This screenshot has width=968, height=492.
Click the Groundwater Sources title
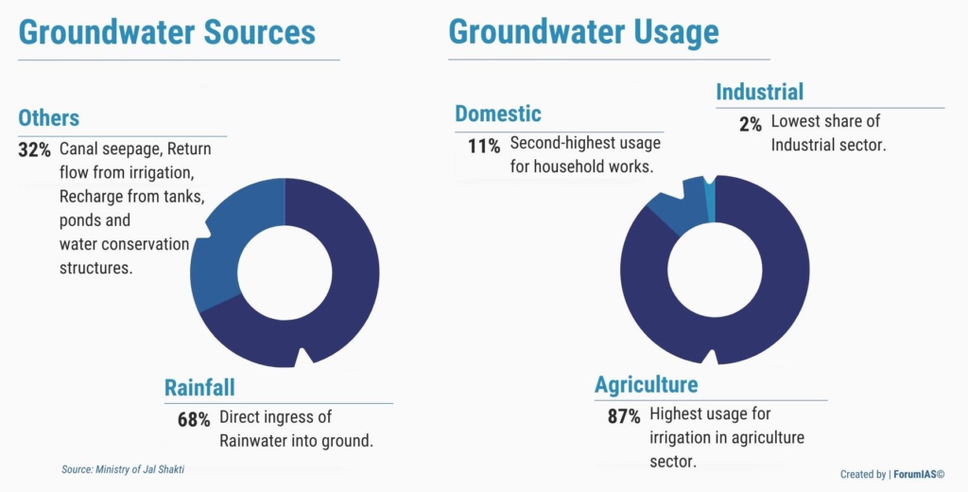pyautogui.click(x=166, y=32)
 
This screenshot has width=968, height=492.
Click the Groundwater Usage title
pyautogui.click(x=583, y=32)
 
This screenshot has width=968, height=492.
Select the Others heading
pyautogui.click(x=49, y=117)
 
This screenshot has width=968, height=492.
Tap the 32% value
pyautogui.click(x=35, y=150)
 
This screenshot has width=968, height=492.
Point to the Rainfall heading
pyautogui.click(x=199, y=388)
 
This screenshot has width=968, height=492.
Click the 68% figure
pyautogui.click(x=194, y=420)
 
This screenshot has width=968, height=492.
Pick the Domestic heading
pyautogui.click(x=498, y=114)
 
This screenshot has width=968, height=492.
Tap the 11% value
pyautogui.click(x=484, y=147)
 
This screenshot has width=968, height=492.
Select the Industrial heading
pyautogui.click(x=760, y=92)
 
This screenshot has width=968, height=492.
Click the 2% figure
pyautogui.click(x=751, y=124)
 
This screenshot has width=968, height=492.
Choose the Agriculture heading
pyautogui.click(x=647, y=384)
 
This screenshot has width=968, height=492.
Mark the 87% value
pyautogui.click(x=624, y=416)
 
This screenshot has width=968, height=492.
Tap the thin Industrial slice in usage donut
pyautogui.click(x=710, y=201)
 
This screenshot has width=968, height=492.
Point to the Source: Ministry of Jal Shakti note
pyautogui.click(x=123, y=469)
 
